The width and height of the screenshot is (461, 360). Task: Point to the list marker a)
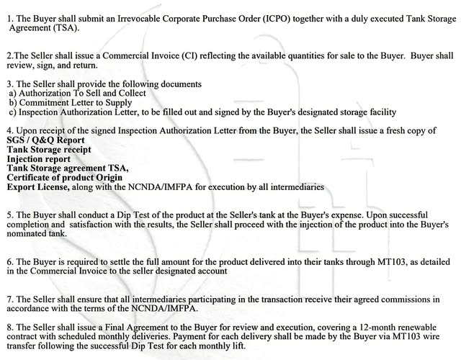click(12, 93)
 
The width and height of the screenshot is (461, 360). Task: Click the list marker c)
click(12, 112)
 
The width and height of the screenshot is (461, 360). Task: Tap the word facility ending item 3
click(380, 112)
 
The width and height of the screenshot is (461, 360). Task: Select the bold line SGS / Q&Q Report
click(46, 140)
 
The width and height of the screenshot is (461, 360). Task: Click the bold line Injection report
click(39, 158)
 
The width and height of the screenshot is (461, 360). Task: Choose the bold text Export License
click(38, 186)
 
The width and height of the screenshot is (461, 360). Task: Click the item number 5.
click(9, 215)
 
